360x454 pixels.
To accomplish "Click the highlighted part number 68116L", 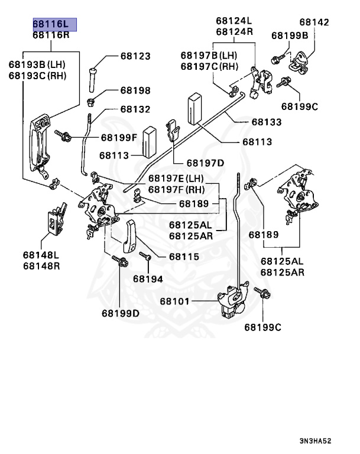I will click(54, 24).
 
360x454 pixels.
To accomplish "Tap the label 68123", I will click(135, 56).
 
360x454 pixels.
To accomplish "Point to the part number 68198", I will click(135, 90).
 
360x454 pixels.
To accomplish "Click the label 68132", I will click(135, 109).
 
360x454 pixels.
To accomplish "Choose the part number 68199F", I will click(118, 138).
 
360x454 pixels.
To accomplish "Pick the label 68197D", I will click(205, 163).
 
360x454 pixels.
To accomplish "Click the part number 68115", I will click(183, 257).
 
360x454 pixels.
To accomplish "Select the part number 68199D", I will click(120, 313).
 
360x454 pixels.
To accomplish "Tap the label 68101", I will click(174, 301).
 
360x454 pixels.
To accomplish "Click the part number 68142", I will click(314, 22).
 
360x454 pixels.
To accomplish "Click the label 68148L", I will click(42, 255).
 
